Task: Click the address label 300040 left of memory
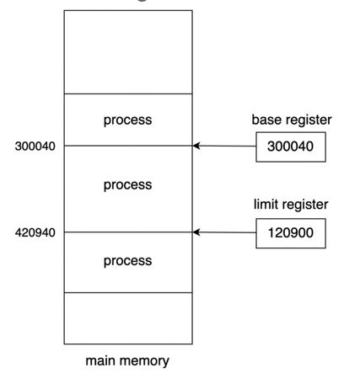35,147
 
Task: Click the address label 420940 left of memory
35,232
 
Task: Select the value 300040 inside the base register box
290,147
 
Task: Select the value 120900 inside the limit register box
291,233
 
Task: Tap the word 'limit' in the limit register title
264,205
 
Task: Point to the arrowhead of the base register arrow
196,146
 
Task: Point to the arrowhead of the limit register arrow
196,232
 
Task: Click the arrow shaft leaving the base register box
224,146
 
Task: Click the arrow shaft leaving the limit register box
224,232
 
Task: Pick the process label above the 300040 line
128,120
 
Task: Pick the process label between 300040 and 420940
128,185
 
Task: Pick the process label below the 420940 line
128,261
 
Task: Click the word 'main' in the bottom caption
99,360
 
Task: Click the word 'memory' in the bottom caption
143,361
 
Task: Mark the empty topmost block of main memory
128,52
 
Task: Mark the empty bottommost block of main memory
128,318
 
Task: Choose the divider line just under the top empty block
128,93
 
